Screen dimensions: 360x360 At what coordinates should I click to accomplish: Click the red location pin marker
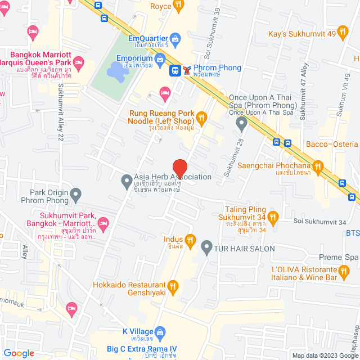click(179, 168)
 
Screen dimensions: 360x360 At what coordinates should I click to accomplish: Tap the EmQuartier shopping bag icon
click(175, 39)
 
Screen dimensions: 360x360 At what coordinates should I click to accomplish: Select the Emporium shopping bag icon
click(160, 58)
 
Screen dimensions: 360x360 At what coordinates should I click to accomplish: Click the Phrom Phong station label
click(217, 68)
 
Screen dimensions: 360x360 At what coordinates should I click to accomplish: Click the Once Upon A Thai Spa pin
click(242, 123)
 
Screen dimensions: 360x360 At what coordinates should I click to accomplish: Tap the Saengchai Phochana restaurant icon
click(318, 165)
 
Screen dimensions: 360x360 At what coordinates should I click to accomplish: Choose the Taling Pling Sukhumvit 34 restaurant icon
click(273, 216)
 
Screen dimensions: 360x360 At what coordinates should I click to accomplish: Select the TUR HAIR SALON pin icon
click(206, 247)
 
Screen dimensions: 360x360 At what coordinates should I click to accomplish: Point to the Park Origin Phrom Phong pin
click(76, 195)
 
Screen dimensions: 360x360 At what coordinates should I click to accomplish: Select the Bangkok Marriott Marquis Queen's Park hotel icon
click(78, 61)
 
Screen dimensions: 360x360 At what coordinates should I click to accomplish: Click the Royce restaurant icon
click(178, 6)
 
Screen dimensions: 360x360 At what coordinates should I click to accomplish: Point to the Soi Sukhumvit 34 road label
click(319, 222)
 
